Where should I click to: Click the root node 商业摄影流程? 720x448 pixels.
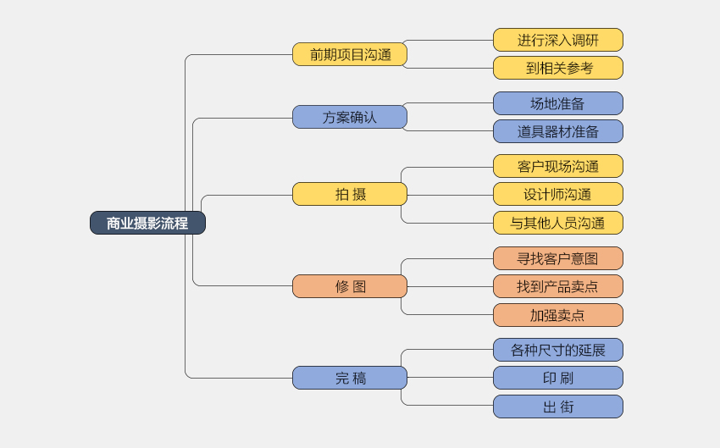(147, 223)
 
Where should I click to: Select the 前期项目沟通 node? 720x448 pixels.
(350, 54)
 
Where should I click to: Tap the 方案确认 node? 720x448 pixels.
(350, 117)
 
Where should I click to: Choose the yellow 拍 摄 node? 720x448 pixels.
(350, 194)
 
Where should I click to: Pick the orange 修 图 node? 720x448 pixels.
(350, 286)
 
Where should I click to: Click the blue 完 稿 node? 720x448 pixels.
(350, 378)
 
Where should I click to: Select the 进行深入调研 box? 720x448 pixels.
(557, 40)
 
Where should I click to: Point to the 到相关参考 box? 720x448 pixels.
(557, 68)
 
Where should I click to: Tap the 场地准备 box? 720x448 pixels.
(557, 103)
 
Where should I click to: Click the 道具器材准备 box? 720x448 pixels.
(557, 131)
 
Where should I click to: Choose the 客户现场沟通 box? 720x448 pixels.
(557, 166)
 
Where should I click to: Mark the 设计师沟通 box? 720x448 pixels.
(557, 194)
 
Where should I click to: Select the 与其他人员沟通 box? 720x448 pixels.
(557, 223)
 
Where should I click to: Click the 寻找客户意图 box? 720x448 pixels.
(557, 258)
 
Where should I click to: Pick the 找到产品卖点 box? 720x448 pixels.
(557, 286)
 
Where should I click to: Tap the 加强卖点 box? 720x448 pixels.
(557, 315)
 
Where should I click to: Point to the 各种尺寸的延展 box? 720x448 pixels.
(557, 350)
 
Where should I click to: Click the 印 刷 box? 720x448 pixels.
(557, 378)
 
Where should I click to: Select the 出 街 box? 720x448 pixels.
(557, 407)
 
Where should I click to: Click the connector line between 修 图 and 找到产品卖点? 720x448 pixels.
(449, 286)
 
